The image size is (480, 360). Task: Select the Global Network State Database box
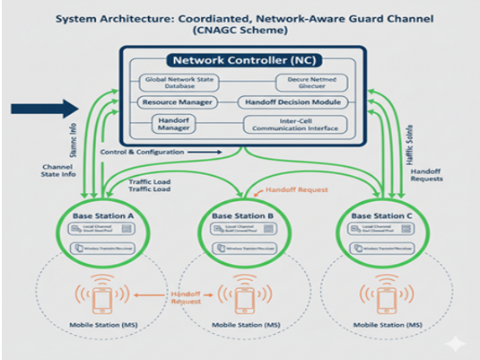tap(180, 83)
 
